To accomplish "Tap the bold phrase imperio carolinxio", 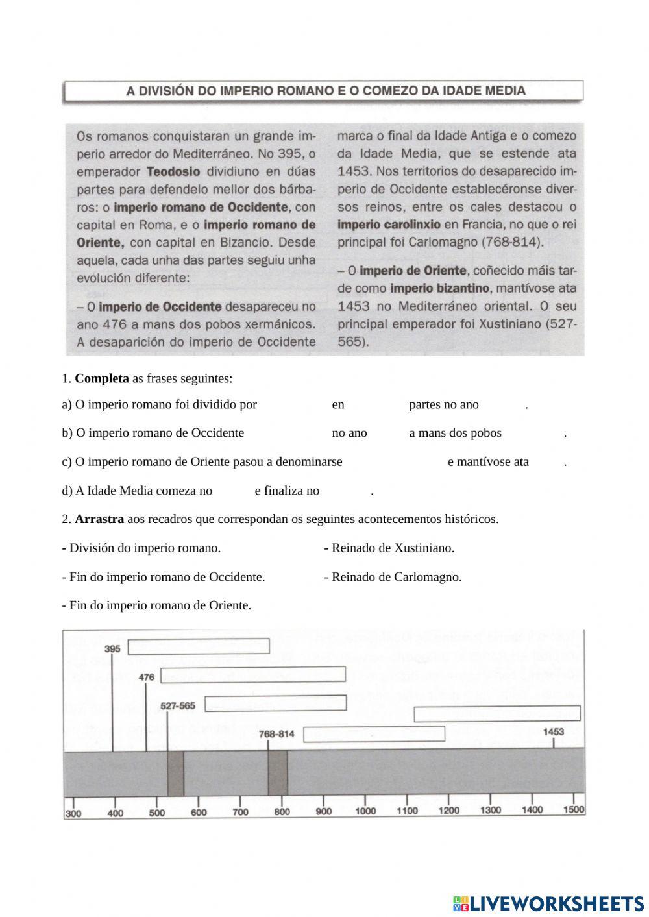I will [389, 225].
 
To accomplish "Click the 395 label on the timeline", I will [112, 649].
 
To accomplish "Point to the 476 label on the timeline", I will [147, 677].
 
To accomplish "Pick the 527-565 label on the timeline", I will [178, 705].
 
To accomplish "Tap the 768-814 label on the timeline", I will [276, 734].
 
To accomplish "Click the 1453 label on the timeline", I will [553, 731].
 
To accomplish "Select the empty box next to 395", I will [199, 646].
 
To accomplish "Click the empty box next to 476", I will [253, 674].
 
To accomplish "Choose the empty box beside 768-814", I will [374, 734].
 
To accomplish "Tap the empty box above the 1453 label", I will [497, 713].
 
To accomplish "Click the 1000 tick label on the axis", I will [365, 811].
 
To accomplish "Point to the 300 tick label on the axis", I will [73, 813].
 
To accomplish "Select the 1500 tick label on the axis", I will [573, 809].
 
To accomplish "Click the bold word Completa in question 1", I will [102, 378].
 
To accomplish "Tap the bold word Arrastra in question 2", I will [99, 519].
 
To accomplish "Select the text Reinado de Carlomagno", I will [393, 577].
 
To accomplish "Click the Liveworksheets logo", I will [548, 903].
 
